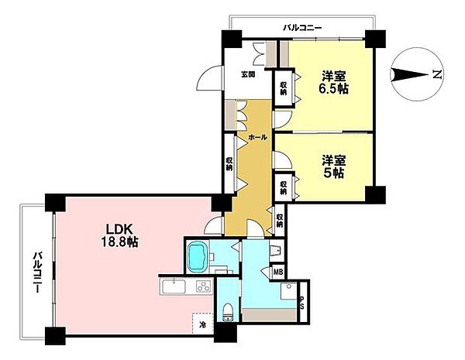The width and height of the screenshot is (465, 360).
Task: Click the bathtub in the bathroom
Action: click(x=197, y=256)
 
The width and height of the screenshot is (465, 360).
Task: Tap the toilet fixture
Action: click(x=228, y=313)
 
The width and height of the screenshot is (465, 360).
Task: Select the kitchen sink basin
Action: click(x=174, y=286)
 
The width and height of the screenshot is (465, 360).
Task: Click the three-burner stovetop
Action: click(x=203, y=286)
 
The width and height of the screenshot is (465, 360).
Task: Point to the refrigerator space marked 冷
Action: click(x=203, y=324)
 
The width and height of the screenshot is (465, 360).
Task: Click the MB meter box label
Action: click(x=278, y=272)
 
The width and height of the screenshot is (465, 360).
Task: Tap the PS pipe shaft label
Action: click(x=302, y=303)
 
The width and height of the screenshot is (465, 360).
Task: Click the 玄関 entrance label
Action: click(x=248, y=74)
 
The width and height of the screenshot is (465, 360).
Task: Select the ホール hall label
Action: click(x=258, y=137)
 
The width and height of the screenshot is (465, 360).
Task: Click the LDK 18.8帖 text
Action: click(x=120, y=236)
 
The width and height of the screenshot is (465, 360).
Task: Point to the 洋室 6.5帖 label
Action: click(x=334, y=83)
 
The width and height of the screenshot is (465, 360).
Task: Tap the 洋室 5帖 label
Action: click(x=334, y=166)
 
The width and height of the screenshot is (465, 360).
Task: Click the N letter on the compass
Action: click(x=437, y=74)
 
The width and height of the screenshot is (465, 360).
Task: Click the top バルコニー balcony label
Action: click(x=302, y=28)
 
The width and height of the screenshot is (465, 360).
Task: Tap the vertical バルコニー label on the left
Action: click(x=37, y=273)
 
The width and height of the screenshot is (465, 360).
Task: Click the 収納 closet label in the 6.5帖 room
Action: click(x=284, y=88)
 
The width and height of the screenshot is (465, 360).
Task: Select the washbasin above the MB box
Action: click(x=277, y=250)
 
